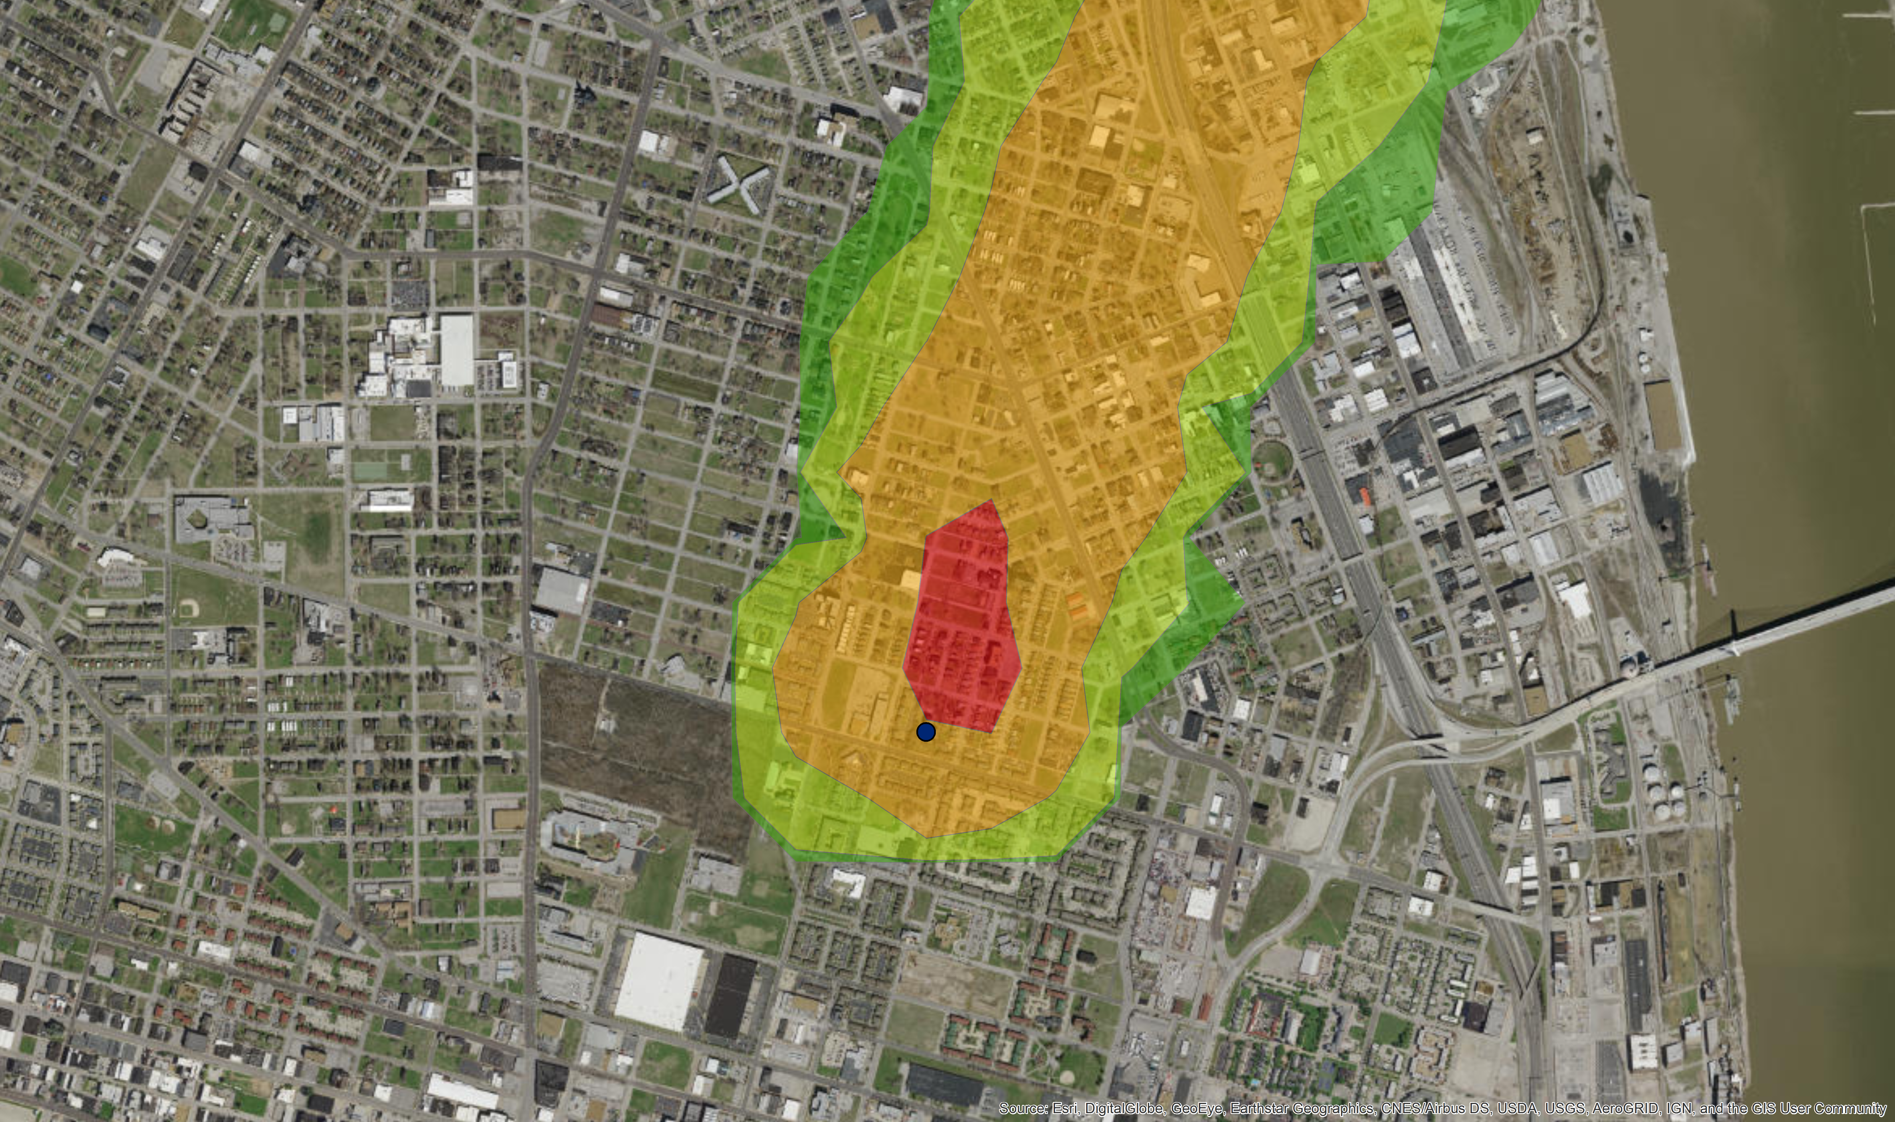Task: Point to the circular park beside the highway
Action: [1271, 458]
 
